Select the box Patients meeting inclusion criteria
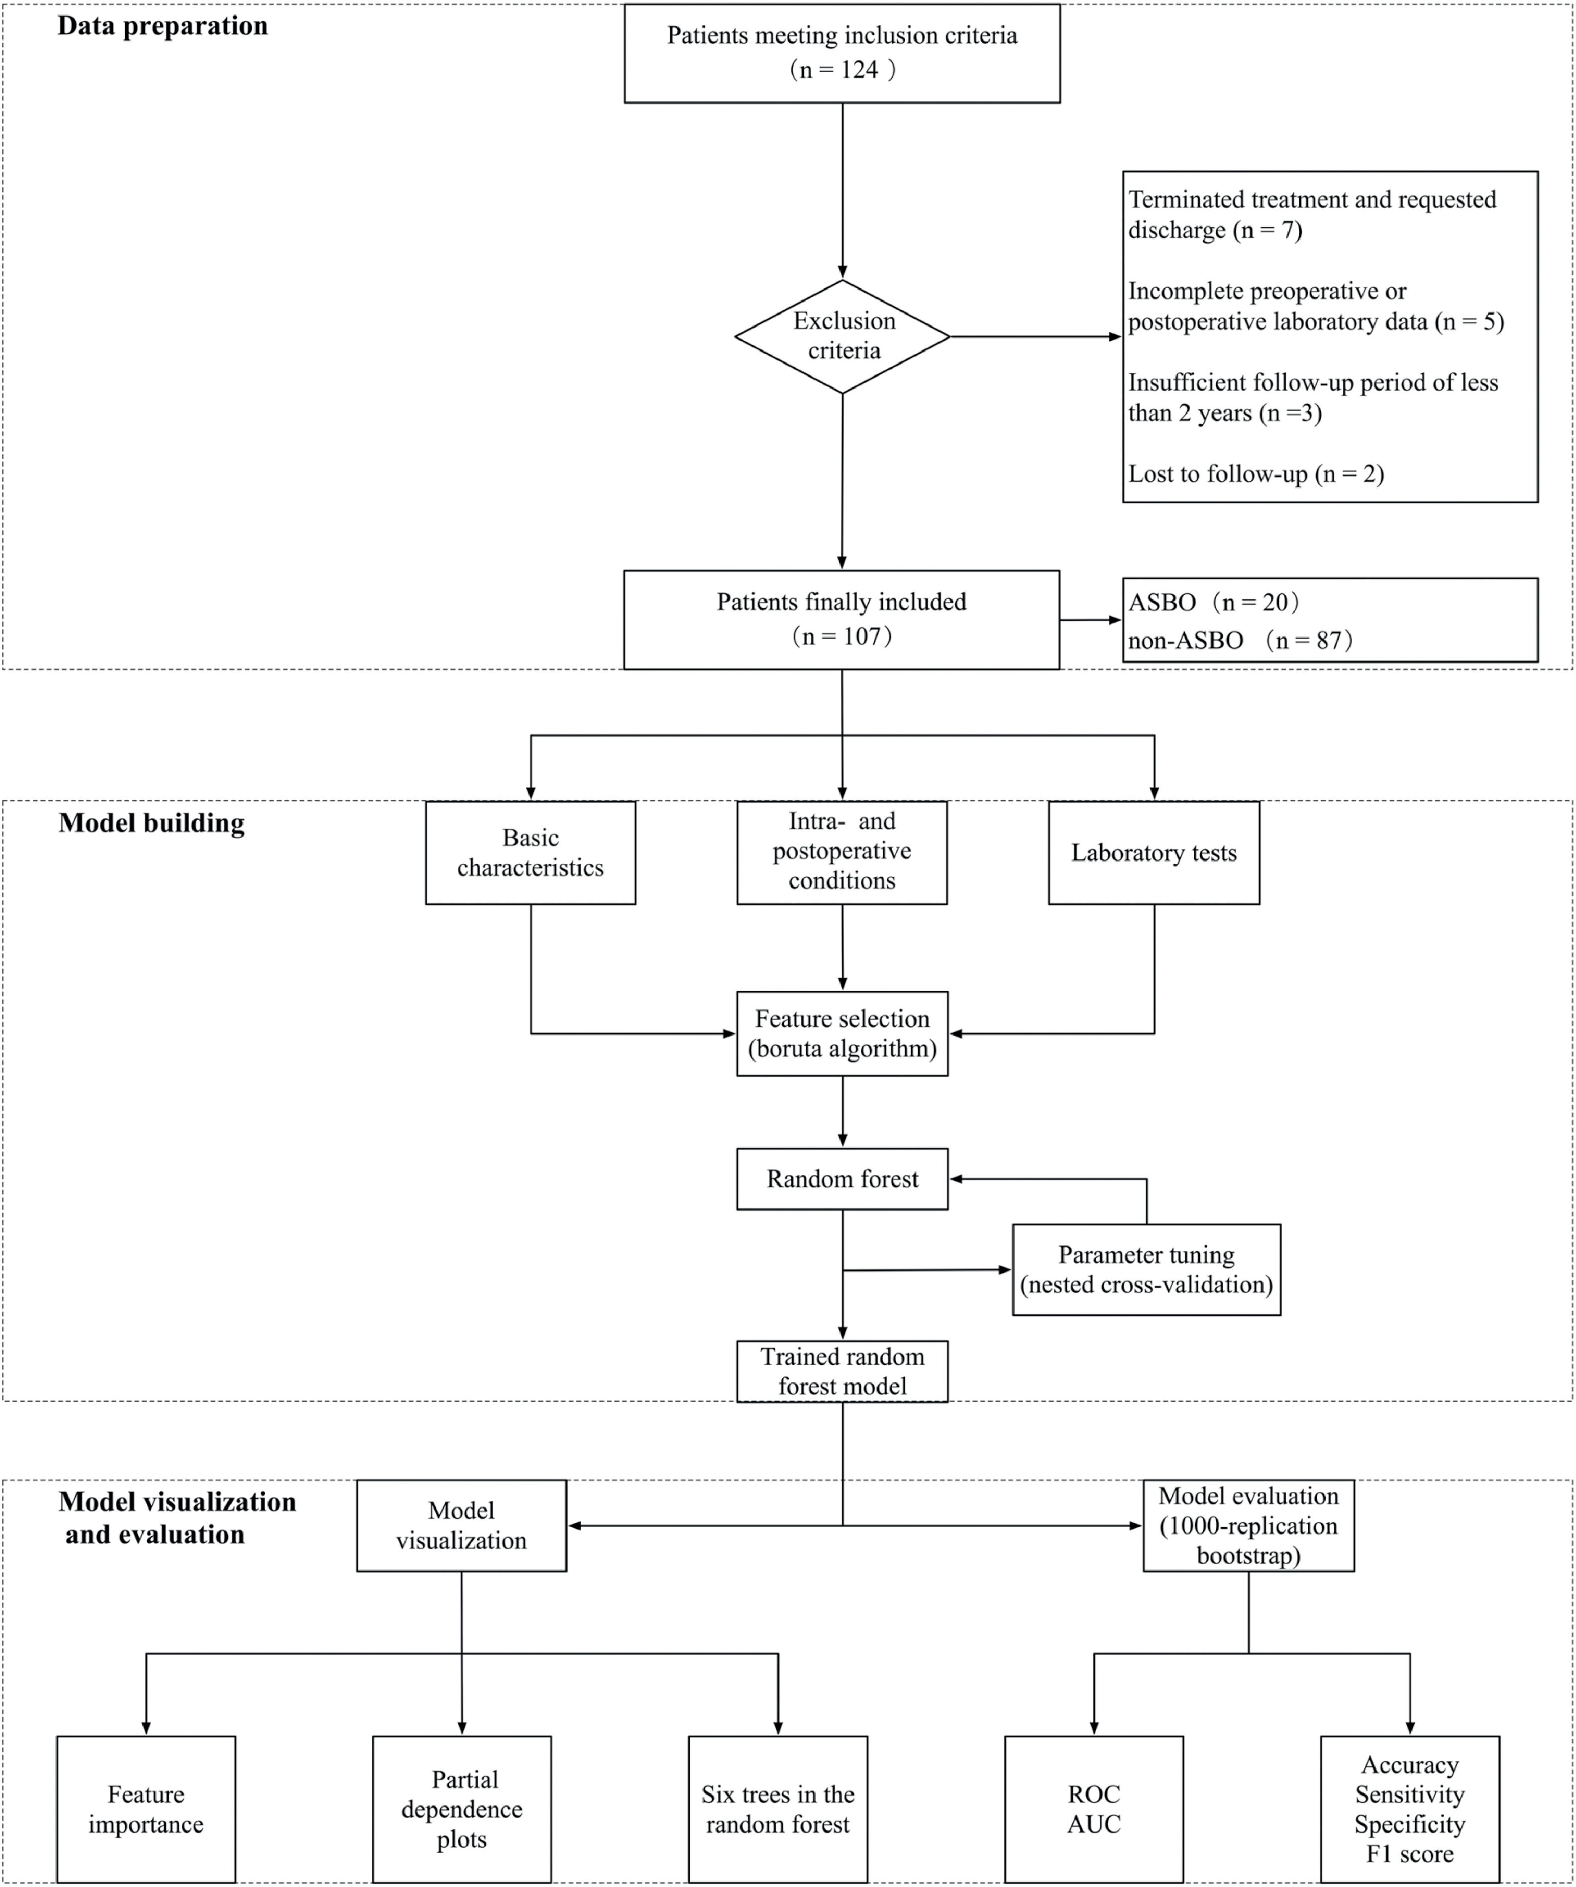pos(842,53)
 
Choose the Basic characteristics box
pos(530,853)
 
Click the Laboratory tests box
pos(1154,853)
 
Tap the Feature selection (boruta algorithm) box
pos(842,1034)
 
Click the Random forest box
pos(842,1179)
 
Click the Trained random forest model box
pos(842,1371)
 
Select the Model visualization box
pos(461,1526)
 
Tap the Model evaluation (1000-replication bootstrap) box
pos(1248,1526)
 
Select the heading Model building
pos(151,823)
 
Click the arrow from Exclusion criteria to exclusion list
pos(1033,337)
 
